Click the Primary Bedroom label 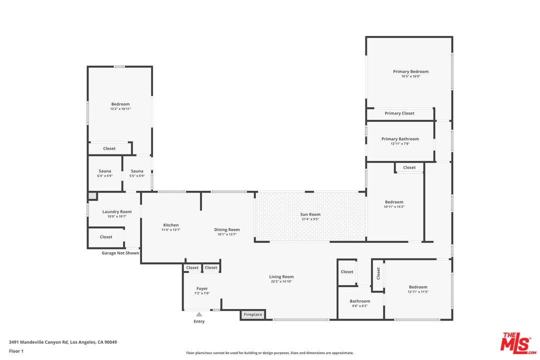click(411, 71)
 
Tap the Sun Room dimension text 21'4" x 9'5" click(310, 219)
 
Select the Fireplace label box click(253, 314)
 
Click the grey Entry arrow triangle click(199, 314)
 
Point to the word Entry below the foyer click(199, 321)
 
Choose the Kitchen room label click(171, 225)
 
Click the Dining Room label click(227, 229)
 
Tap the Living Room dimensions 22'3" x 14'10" click(281, 281)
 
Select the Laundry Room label click(116, 211)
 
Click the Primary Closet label click(399, 113)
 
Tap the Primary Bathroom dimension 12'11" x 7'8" click(400, 143)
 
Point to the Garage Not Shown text click(120, 253)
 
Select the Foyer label click(202, 288)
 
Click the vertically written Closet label click(378, 273)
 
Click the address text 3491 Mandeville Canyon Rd click(38, 342)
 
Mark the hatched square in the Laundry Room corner click(92, 196)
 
